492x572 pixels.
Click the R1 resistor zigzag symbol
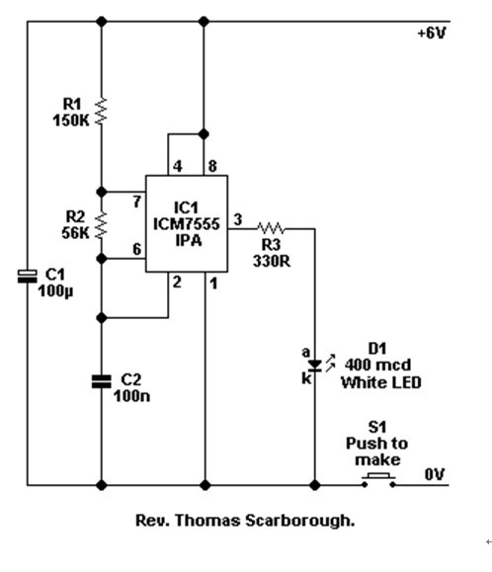click(102, 111)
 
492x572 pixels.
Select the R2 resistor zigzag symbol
click(102, 224)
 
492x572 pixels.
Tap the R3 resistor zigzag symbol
click(271, 228)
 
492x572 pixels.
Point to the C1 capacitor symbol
click(28, 277)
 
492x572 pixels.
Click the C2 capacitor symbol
click(102, 381)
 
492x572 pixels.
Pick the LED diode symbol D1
click(315, 365)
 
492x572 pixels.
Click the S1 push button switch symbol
click(378, 480)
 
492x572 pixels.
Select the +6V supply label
click(432, 34)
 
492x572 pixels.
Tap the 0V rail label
click(435, 474)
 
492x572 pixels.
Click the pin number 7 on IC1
click(136, 202)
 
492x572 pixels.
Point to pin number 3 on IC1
click(237, 219)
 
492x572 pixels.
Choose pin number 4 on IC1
click(177, 166)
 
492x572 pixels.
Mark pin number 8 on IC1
click(212, 166)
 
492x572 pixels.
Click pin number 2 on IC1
click(177, 282)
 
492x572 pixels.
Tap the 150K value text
click(71, 121)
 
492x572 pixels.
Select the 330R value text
click(272, 261)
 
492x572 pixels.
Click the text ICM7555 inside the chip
click(187, 224)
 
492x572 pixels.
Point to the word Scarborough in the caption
click(299, 521)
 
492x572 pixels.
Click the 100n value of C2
click(131, 396)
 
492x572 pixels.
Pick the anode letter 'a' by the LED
click(305, 353)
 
